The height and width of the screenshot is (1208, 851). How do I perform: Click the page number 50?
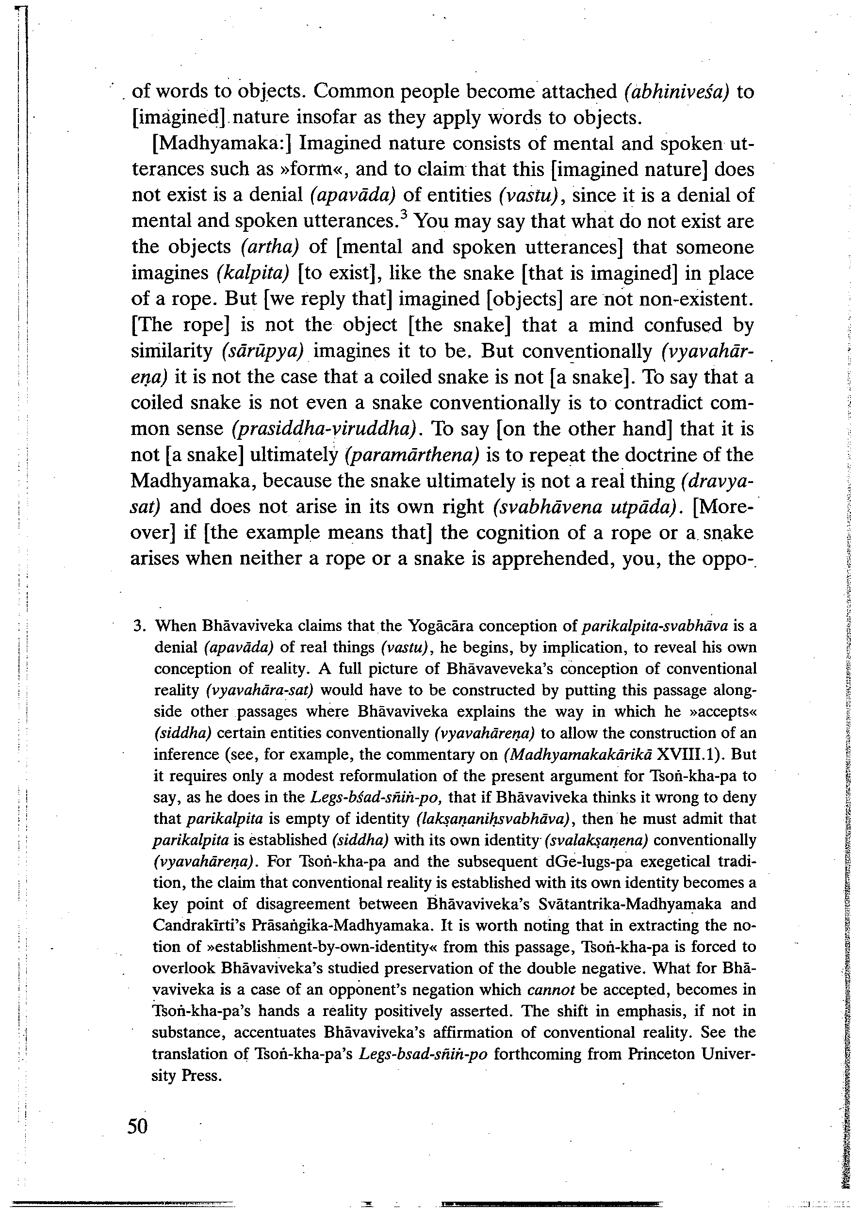(138, 1111)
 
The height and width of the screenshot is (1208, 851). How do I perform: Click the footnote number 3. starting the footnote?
(139, 626)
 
